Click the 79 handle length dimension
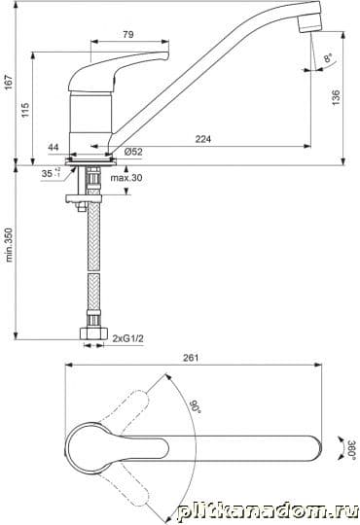[128, 34]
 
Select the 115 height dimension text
[25, 110]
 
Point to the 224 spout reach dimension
[203, 139]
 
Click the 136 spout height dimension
[336, 97]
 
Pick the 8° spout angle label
[328, 58]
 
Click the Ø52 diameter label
[133, 152]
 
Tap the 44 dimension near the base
[54, 148]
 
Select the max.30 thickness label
[126, 178]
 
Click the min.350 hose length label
[9, 245]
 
